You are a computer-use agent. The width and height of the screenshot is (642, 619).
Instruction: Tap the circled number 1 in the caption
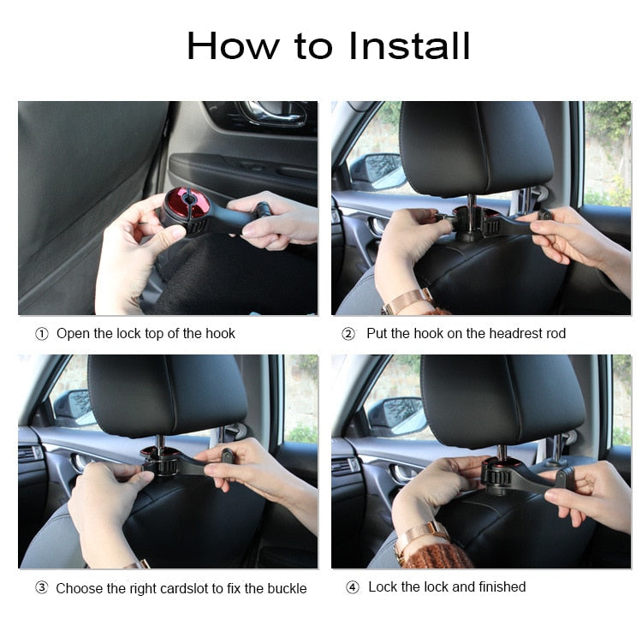(41, 334)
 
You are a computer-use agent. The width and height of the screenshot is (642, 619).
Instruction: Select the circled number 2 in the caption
(348, 334)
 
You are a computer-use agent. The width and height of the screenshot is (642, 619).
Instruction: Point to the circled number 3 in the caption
(41, 588)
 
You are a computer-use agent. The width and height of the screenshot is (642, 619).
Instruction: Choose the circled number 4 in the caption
(352, 587)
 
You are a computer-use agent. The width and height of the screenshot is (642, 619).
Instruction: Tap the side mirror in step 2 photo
(377, 171)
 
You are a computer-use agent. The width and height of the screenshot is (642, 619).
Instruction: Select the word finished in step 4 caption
(499, 587)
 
